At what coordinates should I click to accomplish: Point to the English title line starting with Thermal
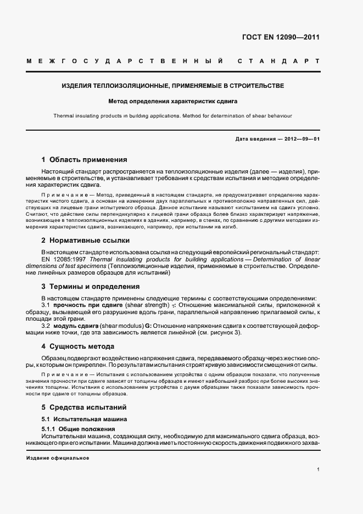[172, 116]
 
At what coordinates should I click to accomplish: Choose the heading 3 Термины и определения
[91, 286]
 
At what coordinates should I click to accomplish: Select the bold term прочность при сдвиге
[81, 304]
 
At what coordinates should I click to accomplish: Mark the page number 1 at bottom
[319, 470]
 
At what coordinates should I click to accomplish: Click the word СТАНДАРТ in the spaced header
[279, 60]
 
